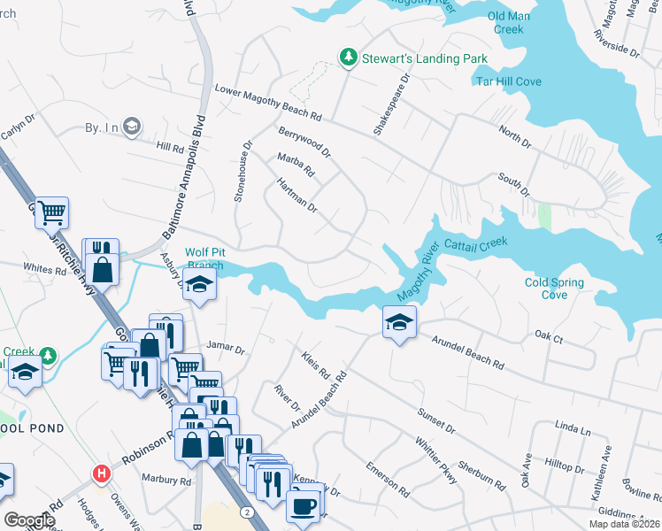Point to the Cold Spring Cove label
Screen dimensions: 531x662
click(x=554, y=289)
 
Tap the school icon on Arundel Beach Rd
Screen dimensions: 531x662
click(x=399, y=322)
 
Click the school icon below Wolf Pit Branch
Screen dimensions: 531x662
click(x=199, y=286)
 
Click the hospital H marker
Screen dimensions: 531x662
click(x=103, y=473)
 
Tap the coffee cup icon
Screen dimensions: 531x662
click(x=303, y=506)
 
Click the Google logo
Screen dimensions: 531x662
click(x=29, y=520)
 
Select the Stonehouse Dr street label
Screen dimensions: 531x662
click(x=242, y=171)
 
